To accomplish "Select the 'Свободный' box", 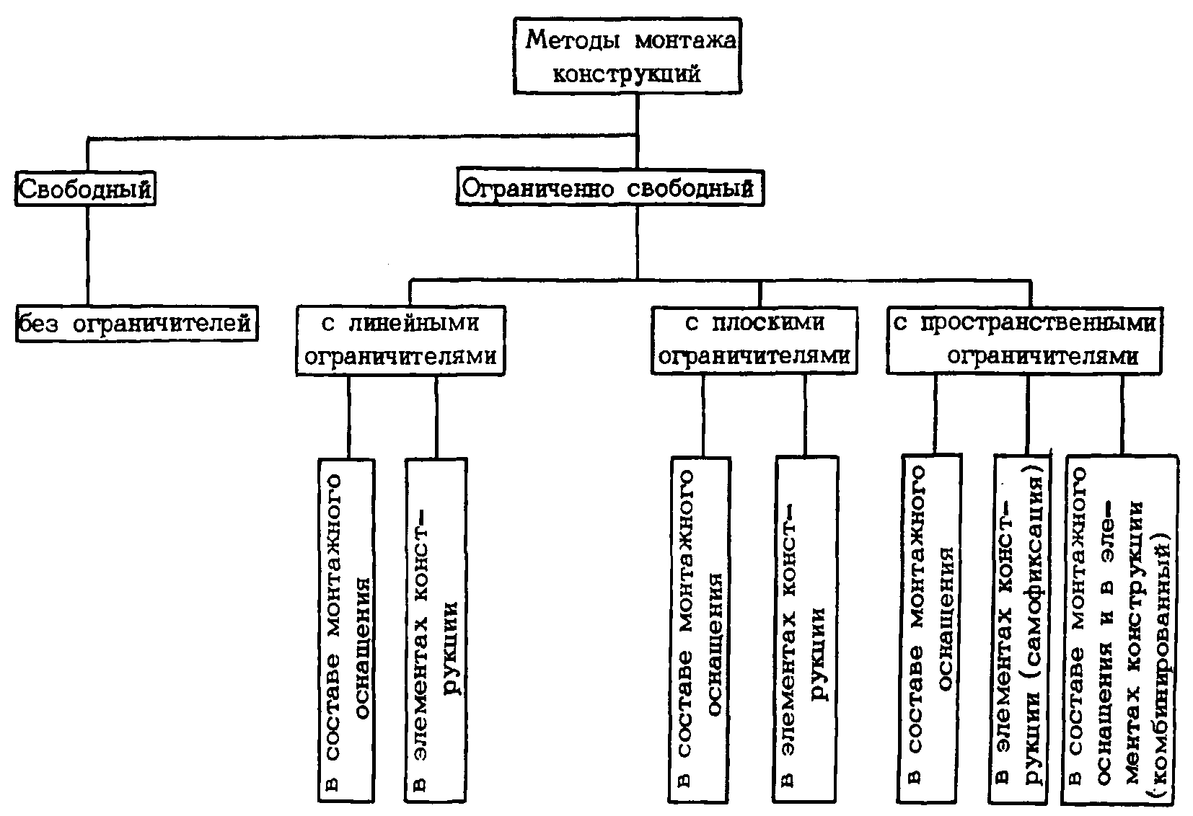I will click(86, 190).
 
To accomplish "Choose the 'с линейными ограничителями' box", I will click(400, 340).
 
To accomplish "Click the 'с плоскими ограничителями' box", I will click(754, 340).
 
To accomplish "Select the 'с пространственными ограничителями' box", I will click(1023, 340).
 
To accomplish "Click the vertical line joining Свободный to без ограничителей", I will click(88, 256).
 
